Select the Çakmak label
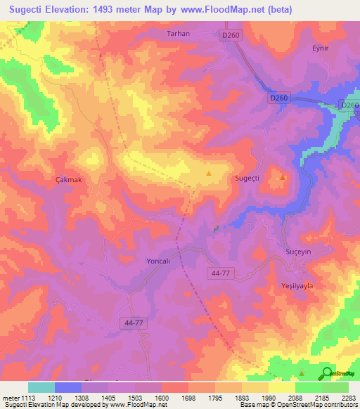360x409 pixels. (69, 180)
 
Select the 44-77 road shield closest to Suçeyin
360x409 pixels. (221, 272)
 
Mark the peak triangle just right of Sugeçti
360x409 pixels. (283, 177)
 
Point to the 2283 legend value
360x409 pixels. (348, 398)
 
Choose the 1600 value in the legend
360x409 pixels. (162, 398)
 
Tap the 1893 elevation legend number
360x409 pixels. (241, 398)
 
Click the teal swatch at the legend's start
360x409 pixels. (41, 387)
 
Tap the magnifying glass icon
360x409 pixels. (326, 373)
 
